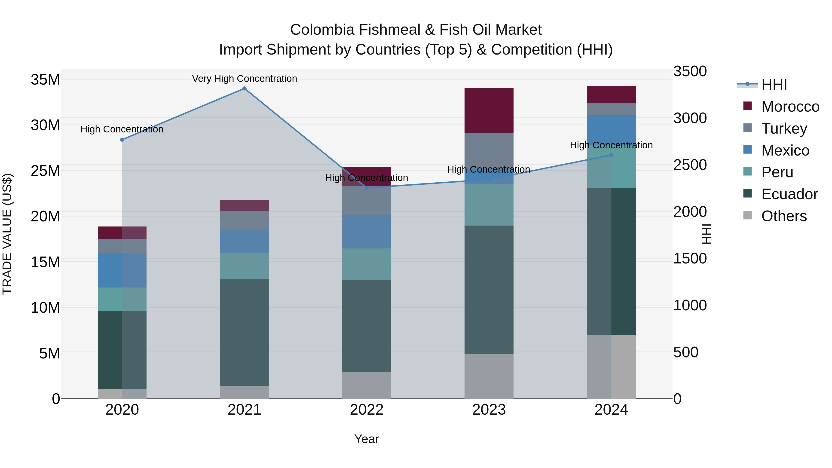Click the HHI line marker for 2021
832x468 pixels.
pos(244,89)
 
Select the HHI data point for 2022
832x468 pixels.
pos(367,188)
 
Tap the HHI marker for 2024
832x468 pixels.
pos(611,155)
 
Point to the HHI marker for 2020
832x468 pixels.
pos(122,140)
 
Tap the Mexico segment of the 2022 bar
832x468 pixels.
pos(367,231)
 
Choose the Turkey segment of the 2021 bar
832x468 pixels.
pos(244,220)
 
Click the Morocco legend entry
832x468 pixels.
pos(790,107)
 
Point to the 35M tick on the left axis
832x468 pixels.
pos(45,80)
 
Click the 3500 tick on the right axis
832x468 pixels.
pos(690,71)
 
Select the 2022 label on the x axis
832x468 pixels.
pos(367,410)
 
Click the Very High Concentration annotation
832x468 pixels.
pos(245,79)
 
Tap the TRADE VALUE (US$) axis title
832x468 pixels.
pos(7,234)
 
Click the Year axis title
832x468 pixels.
pos(367,439)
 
